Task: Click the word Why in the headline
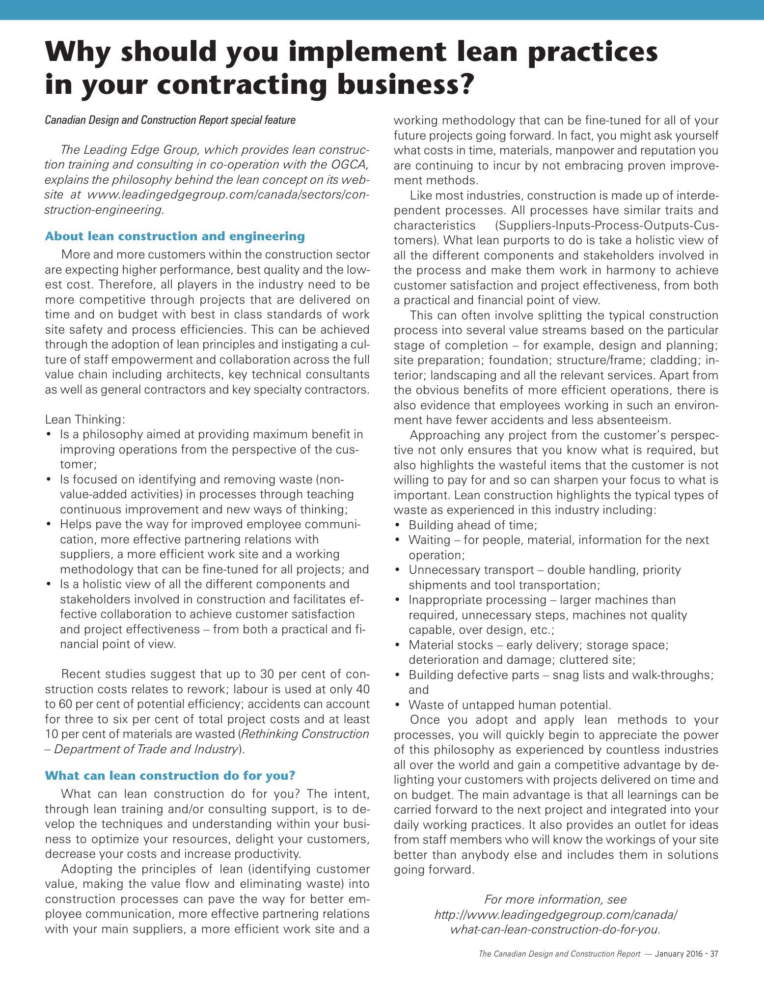coord(78,52)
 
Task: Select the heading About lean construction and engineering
coord(175,236)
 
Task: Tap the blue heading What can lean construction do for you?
coord(170,775)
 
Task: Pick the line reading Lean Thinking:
coord(85,420)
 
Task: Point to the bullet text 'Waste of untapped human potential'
coord(510,705)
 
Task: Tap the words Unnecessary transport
coord(471,570)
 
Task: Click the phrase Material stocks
coord(450,645)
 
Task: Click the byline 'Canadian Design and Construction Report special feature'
coord(170,120)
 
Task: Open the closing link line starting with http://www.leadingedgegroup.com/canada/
coord(556,915)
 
